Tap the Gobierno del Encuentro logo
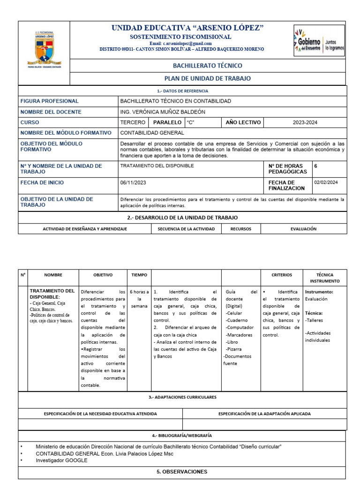point(318,41)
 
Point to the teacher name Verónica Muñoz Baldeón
point(163,112)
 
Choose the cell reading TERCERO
point(133,122)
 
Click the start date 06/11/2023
point(134,183)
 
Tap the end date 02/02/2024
point(329,183)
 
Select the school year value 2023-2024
point(305,122)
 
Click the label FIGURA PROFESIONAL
point(50,101)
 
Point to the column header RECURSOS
point(241,229)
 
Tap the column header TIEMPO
point(139,275)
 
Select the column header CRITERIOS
point(281,275)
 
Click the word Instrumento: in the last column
point(319,291)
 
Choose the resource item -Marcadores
point(239,335)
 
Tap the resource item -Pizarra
point(235,349)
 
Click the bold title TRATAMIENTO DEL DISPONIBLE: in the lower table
point(52,294)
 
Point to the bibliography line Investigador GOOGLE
point(61,460)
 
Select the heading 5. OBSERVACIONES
point(182,472)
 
